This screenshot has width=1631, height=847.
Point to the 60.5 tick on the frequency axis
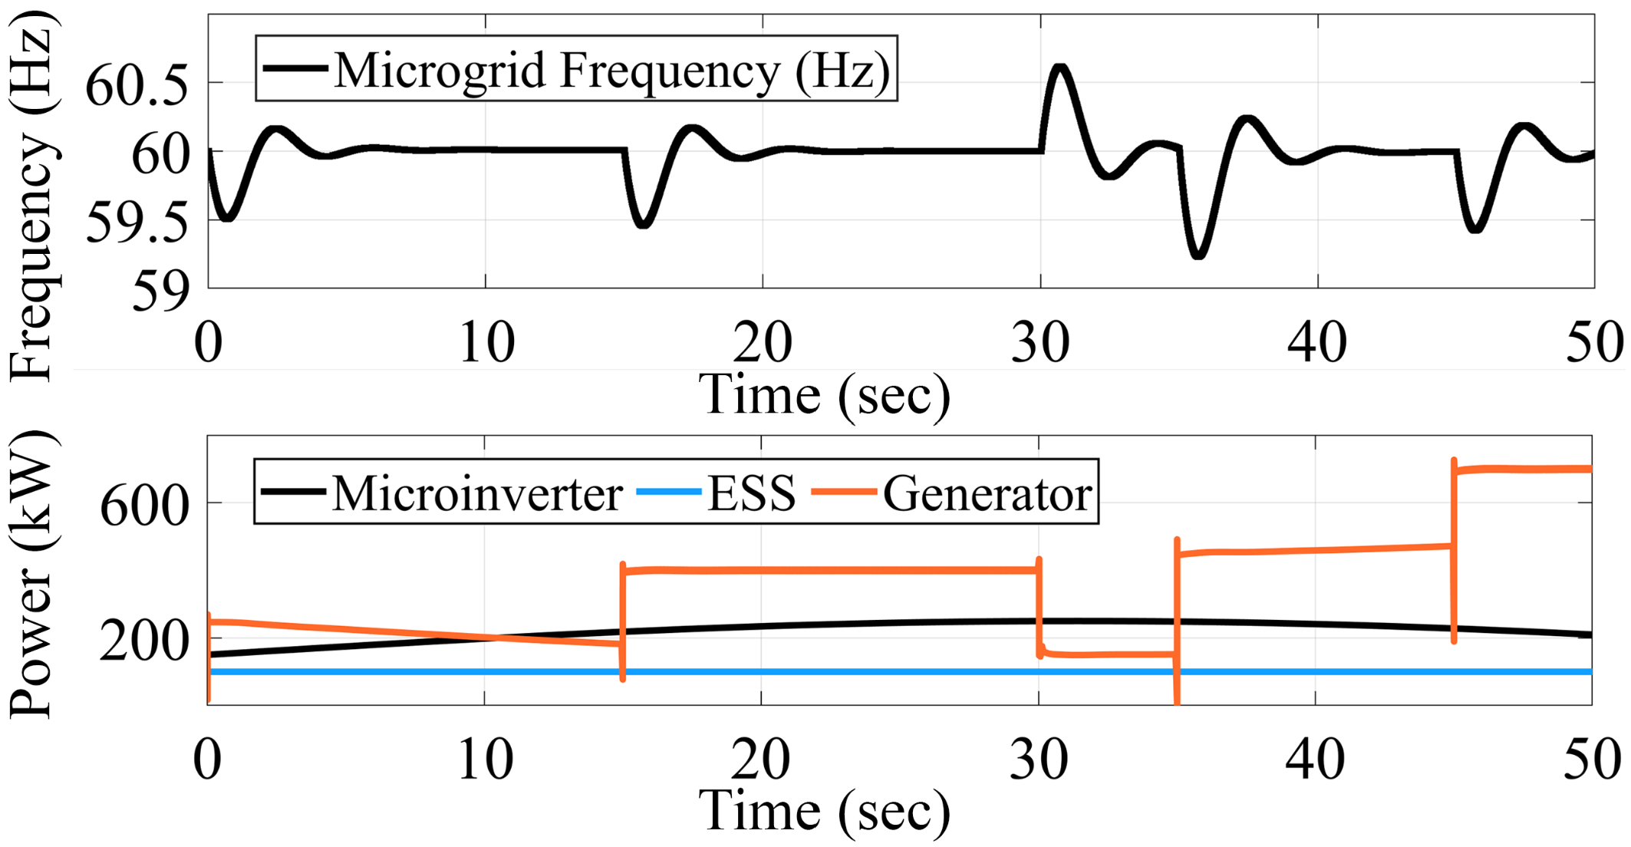137,86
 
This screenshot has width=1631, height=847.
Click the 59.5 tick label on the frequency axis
137,224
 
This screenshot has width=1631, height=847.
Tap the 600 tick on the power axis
144,506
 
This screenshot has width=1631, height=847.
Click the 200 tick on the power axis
144,641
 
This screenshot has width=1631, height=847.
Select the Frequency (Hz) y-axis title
32,196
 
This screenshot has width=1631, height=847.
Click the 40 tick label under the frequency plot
1317,342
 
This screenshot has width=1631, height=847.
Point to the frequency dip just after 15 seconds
644,224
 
